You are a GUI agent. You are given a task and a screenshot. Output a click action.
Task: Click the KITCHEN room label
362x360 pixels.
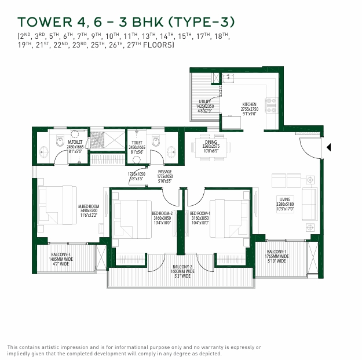pyautogui.click(x=248, y=105)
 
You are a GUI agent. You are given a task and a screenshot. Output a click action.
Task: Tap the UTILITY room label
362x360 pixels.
pyautogui.click(x=205, y=101)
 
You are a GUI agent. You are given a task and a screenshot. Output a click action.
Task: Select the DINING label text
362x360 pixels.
pyautogui.click(x=210, y=141)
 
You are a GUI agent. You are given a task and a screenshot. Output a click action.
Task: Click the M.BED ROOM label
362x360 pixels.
pyautogui.click(x=89, y=207)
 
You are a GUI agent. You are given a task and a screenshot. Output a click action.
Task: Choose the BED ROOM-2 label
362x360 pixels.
pyautogui.click(x=162, y=213)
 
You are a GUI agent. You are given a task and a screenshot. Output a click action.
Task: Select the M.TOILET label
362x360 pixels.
pyautogui.click(x=75, y=142)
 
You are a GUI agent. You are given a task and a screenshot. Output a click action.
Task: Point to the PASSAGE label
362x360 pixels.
pyautogui.click(x=166, y=172)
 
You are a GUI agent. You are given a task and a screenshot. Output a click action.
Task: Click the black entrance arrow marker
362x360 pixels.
pyautogui.click(x=328, y=147)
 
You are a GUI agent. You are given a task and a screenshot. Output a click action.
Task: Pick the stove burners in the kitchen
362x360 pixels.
pyautogui.click(x=270, y=105)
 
